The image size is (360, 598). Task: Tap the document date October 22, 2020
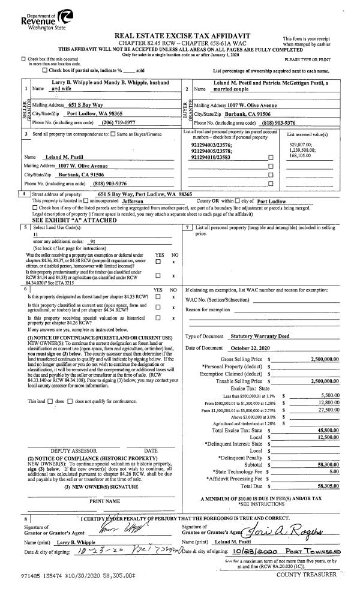[x=247, y=348]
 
